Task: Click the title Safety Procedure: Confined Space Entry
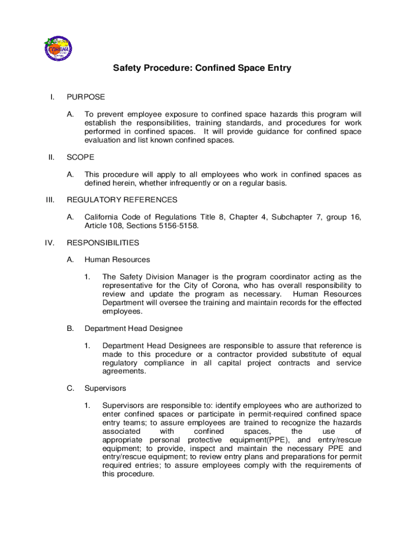(202, 68)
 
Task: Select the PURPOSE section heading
(86, 97)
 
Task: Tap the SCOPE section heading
(80, 157)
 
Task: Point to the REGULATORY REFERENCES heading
(122, 200)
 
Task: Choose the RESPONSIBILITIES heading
(103, 243)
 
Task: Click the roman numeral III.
(49, 200)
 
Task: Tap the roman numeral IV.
(49, 243)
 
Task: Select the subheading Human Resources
(117, 260)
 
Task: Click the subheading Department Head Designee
(133, 328)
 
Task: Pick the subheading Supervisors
(105, 389)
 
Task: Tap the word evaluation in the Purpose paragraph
(102, 140)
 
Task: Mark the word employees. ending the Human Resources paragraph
(122, 311)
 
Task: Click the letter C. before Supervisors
(70, 389)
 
